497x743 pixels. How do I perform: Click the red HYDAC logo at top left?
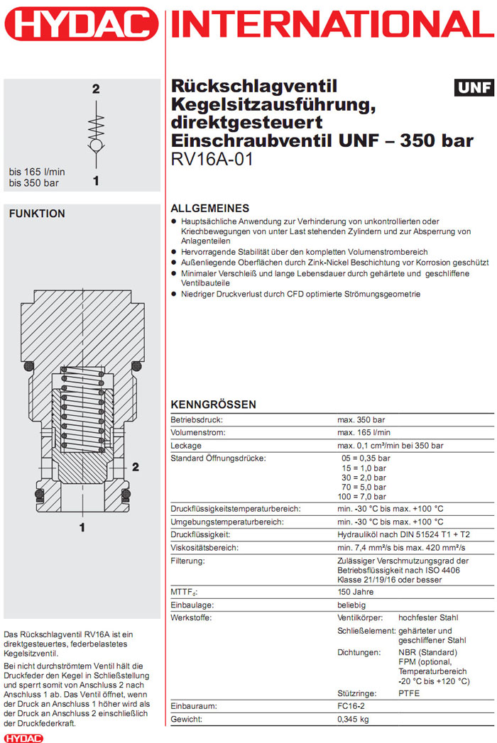[x=80, y=26]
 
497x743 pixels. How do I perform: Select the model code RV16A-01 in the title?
[x=212, y=158]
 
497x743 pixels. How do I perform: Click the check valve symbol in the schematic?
[x=95, y=138]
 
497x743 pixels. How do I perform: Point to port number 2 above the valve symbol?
[x=95, y=89]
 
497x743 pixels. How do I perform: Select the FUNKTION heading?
[x=36, y=214]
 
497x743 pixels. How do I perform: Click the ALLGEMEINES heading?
[x=210, y=209]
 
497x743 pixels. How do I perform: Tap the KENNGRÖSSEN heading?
[x=214, y=404]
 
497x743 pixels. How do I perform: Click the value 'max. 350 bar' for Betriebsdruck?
[x=361, y=420]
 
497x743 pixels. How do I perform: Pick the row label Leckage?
[x=186, y=446]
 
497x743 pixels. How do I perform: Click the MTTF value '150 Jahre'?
[x=355, y=592]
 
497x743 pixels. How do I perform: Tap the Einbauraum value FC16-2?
[x=352, y=707]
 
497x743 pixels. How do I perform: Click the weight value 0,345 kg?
[x=354, y=720]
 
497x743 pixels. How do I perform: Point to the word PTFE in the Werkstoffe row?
[x=409, y=693]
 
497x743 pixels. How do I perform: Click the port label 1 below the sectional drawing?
[x=82, y=527]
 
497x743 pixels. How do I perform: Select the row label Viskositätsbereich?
[x=205, y=548]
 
